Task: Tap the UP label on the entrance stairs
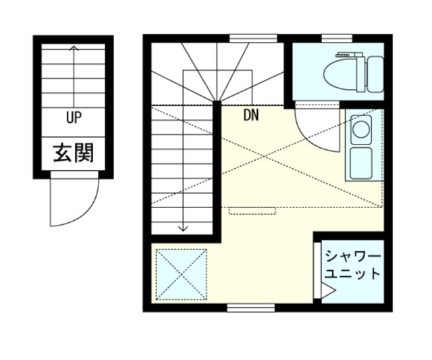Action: click(x=74, y=118)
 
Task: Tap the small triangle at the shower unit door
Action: click(x=327, y=292)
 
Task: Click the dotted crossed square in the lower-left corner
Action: click(x=182, y=274)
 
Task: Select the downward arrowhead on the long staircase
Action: click(x=183, y=228)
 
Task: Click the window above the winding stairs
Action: click(x=253, y=38)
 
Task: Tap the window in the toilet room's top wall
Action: click(x=335, y=38)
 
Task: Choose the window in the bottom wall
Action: click(x=251, y=308)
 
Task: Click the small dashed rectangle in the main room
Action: click(x=253, y=211)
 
